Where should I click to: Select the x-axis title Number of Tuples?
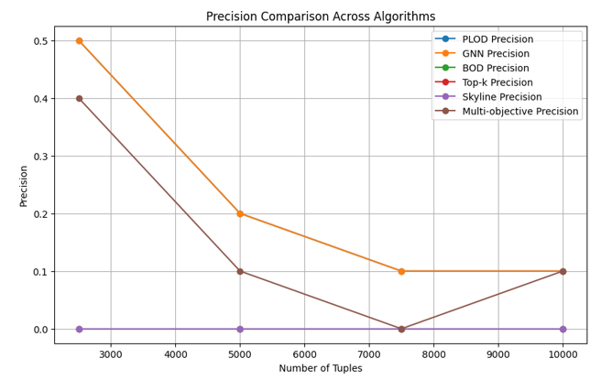[x=320, y=368]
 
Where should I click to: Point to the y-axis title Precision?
[x=24, y=185]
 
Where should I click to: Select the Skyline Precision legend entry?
[x=505, y=97]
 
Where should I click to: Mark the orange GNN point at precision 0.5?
[x=79, y=40]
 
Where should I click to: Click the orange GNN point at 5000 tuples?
[x=240, y=213]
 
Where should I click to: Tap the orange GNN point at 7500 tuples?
[x=401, y=271]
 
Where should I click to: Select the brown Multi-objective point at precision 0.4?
[x=79, y=98]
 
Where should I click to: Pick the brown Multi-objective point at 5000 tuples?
[x=240, y=271]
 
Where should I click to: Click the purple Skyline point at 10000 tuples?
[x=563, y=329]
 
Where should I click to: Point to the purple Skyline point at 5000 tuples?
[x=240, y=329]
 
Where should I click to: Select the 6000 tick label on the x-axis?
[x=304, y=353]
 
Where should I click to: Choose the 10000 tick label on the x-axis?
[x=563, y=353]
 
